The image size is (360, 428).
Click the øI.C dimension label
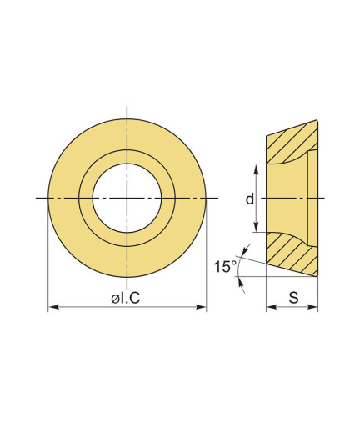pos(126,299)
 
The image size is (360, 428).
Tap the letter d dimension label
pos(250,199)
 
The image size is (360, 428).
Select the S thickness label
pos(293,297)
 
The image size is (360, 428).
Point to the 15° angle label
pos(225,266)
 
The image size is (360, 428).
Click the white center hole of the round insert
pos(127,198)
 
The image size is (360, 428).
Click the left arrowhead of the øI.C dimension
pos(53,307)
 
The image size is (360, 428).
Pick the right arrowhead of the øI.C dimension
pos(201,307)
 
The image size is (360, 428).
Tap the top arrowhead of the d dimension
pos(256,169)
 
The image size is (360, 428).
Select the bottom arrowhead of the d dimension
pos(256,227)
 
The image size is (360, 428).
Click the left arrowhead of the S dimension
pos(272,307)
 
